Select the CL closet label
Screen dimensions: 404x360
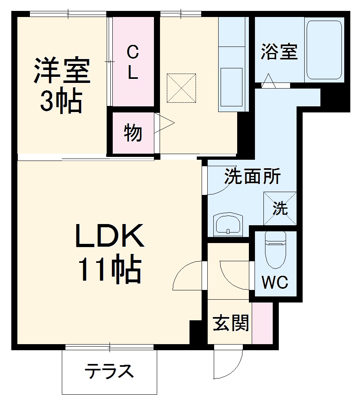pyautogui.click(x=133, y=62)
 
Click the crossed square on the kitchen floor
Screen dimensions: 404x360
pyautogui.click(x=181, y=88)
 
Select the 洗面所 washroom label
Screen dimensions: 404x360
pyautogui.click(x=253, y=176)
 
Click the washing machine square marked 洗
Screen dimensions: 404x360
pyautogui.click(x=280, y=208)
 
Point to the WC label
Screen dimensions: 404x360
pyautogui.click(x=275, y=283)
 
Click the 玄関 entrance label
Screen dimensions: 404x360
pyautogui.click(x=231, y=322)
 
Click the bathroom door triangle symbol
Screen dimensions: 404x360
pyautogui.click(x=269, y=81)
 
